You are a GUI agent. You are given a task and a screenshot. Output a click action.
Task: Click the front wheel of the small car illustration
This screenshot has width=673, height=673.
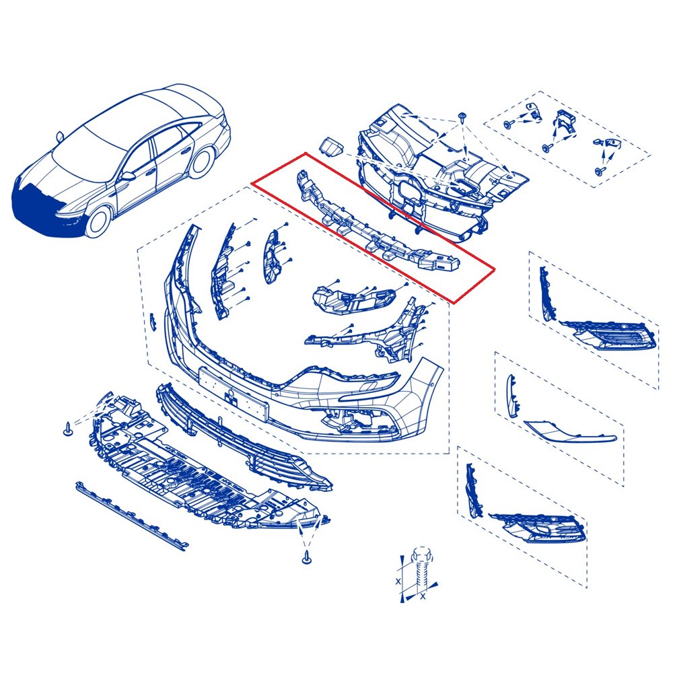coord(98,221)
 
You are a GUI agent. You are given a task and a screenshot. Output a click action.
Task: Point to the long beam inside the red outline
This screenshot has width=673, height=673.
coord(378,223)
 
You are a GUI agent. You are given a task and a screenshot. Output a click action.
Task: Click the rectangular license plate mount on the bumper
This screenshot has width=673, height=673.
coord(234,394)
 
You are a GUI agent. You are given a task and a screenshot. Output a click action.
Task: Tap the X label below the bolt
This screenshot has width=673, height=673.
coord(423,596)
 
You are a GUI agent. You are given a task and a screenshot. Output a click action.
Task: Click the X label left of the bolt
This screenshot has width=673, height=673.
coord(398,581)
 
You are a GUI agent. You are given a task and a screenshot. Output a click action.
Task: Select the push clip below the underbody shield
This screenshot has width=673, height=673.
coord(306,558)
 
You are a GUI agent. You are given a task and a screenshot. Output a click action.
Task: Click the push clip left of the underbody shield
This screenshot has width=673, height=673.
coord(67,429)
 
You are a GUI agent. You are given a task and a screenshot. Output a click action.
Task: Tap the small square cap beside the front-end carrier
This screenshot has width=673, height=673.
coord(331,145)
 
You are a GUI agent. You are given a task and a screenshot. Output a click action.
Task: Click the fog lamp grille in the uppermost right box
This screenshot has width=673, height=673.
coord(610,334)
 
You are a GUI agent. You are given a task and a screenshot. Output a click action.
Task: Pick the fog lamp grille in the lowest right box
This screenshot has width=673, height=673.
coord(538,528)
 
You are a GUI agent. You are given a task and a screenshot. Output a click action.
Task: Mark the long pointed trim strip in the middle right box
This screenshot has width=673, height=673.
coord(571,431)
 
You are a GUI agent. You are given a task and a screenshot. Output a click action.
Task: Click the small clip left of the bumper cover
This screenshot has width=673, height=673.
coord(152,322)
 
